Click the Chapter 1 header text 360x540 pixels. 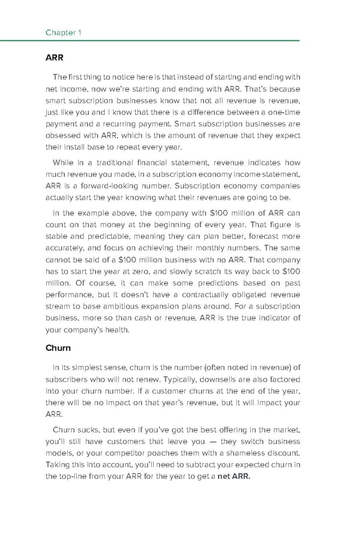[x=62, y=32]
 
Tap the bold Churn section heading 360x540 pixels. [x=58, y=347]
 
